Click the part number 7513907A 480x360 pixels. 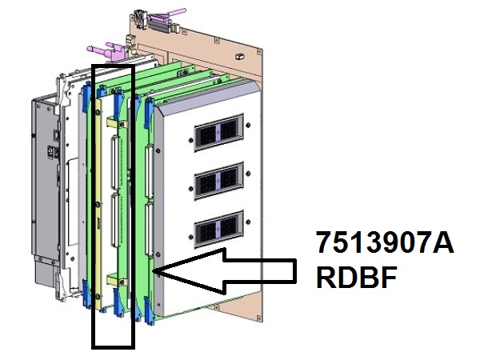385,242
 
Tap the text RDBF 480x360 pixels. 357,277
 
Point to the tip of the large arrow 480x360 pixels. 154,270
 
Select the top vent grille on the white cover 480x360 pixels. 218,132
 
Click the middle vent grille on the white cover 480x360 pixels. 218,181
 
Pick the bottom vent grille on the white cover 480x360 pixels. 218,229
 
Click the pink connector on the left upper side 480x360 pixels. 107,51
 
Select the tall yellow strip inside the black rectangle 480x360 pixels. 98,203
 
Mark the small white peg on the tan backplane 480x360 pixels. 240,56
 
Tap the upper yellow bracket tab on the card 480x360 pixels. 114,122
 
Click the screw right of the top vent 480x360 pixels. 248,125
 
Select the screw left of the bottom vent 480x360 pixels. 191,237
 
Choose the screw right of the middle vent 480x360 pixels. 248,174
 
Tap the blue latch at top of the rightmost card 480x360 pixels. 149,112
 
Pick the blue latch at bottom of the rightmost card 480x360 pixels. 149,310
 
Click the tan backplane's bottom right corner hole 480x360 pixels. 259,318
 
